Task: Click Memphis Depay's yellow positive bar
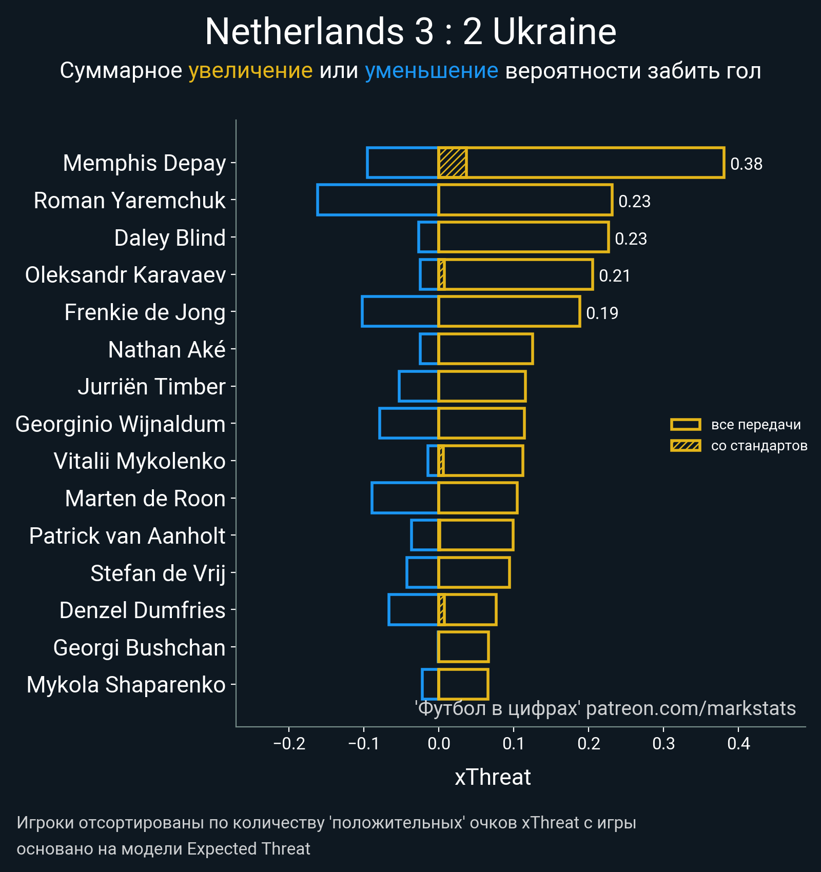point(595,163)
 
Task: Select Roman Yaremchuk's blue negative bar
point(378,200)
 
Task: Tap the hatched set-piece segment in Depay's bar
point(452,163)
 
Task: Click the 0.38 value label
point(746,164)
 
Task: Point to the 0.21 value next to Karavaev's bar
point(614,276)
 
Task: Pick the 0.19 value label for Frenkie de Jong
point(602,313)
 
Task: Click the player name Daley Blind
point(170,238)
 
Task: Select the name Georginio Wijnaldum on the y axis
point(121,424)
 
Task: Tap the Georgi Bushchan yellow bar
point(463,647)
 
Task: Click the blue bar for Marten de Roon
point(405,498)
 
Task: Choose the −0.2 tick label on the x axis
point(289,744)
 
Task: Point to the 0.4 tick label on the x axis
point(738,744)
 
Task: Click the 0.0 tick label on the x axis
point(439,744)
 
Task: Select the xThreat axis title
point(493,777)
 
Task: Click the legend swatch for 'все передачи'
point(686,425)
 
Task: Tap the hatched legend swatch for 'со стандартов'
point(686,446)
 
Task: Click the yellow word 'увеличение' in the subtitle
point(250,71)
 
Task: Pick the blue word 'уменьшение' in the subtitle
point(431,71)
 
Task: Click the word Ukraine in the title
point(554,32)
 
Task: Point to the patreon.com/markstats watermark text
point(691,708)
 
